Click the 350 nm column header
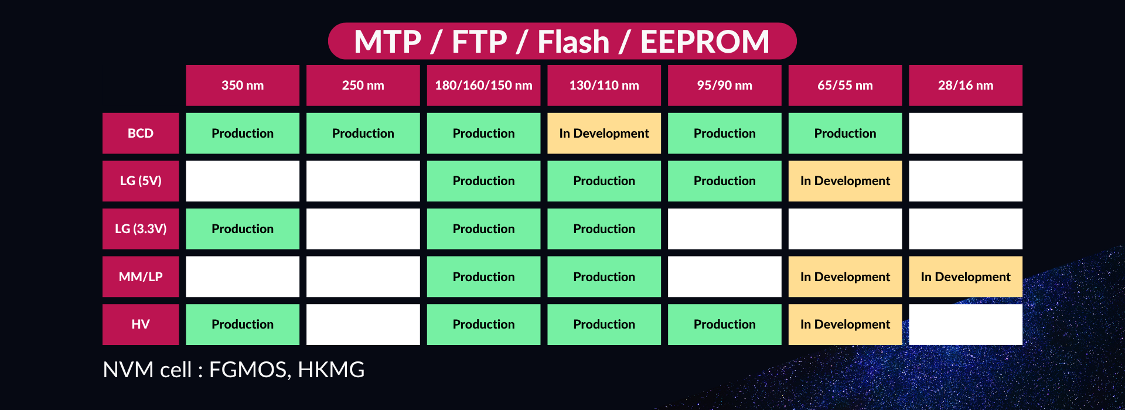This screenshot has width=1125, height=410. [x=243, y=86]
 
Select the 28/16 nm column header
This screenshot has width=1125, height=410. [x=966, y=86]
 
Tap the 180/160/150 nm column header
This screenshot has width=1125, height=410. [x=483, y=86]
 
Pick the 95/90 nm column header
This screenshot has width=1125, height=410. [x=725, y=86]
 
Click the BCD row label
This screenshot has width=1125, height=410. [x=141, y=134]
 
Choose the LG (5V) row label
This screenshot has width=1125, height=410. [x=141, y=181]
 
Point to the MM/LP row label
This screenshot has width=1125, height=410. [x=141, y=276]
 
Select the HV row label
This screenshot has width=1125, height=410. [x=141, y=324]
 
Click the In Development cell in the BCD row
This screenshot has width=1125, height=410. [x=604, y=134]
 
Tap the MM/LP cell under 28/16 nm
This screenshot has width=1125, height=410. [x=966, y=276]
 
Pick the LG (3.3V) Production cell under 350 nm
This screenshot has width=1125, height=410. [x=243, y=229]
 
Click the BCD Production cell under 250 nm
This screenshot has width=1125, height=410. [x=363, y=134]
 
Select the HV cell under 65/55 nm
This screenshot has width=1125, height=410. [x=845, y=324]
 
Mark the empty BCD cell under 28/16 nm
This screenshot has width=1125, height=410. [x=966, y=134]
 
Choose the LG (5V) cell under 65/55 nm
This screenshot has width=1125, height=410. [x=845, y=181]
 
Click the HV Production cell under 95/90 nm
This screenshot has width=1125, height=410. [x=725, y=324]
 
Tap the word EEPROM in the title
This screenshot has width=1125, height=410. [x=705, y=42]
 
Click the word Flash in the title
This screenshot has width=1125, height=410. [x=574, y=42]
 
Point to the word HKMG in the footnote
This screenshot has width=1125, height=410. [x=331, y=370]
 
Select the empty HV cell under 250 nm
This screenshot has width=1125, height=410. [x=363, y=324]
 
